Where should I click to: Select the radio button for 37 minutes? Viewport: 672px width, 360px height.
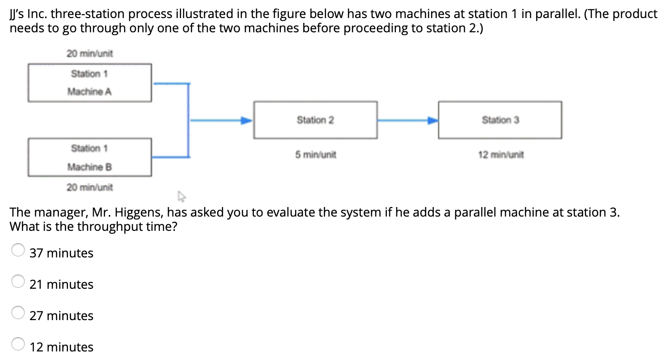click(x=18, y=250)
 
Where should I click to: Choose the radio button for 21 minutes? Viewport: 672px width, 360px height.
click(x=18, y=281)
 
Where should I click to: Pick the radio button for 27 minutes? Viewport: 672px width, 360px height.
click(x=18, y=313)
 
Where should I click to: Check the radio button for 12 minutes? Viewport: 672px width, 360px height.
click(x=18, y=344)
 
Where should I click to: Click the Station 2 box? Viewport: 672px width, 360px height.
click(x=316, y=120)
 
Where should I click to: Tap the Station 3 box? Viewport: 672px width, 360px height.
click(x=500, y=120)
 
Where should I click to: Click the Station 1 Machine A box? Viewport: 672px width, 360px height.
click(x=90, y=83)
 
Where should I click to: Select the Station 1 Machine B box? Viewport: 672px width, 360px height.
click(x=90, y=157)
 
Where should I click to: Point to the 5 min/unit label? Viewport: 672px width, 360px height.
click(x=316, y=155)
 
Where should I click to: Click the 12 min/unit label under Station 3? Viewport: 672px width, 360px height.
click(x=501, y=155)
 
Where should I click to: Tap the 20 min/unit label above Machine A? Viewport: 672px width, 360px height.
click(x=90, y=54)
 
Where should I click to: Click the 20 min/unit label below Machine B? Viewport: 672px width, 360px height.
click(x=90, y=187)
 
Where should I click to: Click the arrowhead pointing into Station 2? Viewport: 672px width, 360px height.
click(x=245, y=121)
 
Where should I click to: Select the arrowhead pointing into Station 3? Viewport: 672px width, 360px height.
click(x=432, y=121)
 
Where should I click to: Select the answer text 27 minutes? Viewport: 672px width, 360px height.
click(x=61, y=316)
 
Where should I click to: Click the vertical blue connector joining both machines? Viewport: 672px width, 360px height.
click(x=189, y=120)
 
